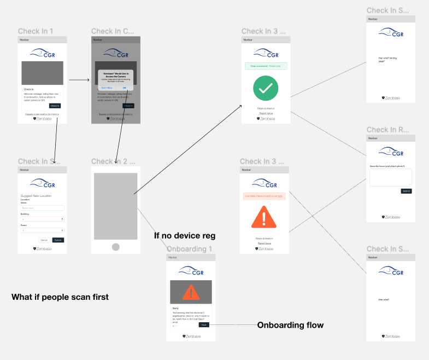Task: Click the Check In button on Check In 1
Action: click(x=55, y=106)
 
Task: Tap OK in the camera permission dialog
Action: click(x=124, y=88)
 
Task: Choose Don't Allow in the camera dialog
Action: click(x=107, y=88)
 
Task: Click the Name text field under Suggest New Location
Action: click(x=42, y=208)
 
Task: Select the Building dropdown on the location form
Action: click(x=42, y=219)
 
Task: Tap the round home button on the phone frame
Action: click(x=115, y=247)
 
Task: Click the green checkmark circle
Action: click(x=266, y=88)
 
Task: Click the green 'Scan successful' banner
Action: click(x=266, y=66)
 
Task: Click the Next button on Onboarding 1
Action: click(x=203, y=324)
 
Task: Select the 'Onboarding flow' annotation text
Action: click(x=290, y=325)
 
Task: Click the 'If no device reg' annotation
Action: click(x=185, y=236)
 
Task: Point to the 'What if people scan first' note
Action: click(x=60, y=297)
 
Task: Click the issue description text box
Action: click(x=390, y=177)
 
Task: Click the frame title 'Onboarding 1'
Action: click(x=189, y=249)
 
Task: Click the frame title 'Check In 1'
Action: click(x=36, y=31)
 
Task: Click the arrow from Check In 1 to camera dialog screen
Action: click(x=79, y=80)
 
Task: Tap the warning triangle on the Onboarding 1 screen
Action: click(x=191, y=293)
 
